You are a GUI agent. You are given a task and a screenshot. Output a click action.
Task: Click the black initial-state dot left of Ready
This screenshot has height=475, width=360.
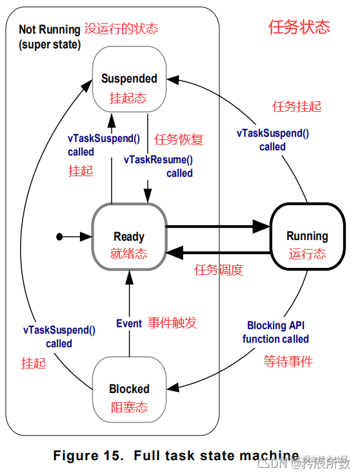point(59,237)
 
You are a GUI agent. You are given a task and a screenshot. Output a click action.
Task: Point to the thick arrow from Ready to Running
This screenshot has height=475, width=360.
point(217,227)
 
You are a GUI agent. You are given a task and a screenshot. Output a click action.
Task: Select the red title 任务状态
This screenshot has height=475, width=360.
point(299,27)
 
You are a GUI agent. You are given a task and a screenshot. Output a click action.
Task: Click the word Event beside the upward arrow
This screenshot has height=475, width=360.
point(128,323)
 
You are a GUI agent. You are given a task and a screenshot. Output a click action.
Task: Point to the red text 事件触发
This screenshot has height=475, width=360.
point(172,323)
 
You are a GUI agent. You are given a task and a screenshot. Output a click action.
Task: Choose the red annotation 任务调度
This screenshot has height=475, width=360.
point(219,270)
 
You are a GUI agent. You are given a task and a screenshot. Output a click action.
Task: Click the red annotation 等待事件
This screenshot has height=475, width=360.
point(288,361)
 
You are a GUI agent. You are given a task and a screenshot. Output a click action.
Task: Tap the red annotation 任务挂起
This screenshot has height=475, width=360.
point(297,106)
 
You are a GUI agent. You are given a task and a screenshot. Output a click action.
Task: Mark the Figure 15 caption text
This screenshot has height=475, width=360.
point(175,456)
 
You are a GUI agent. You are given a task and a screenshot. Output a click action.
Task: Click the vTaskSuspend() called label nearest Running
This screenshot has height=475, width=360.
point(272,140)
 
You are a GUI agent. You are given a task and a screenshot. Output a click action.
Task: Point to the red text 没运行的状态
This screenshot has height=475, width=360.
point(121,28)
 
